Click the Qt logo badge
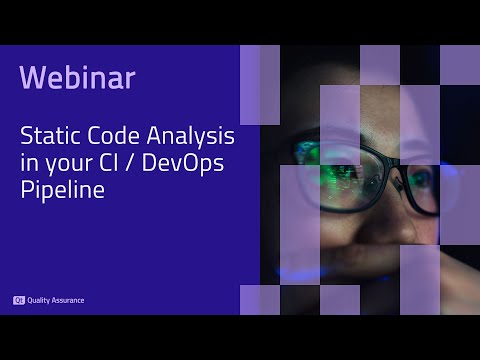tap(18, 299)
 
